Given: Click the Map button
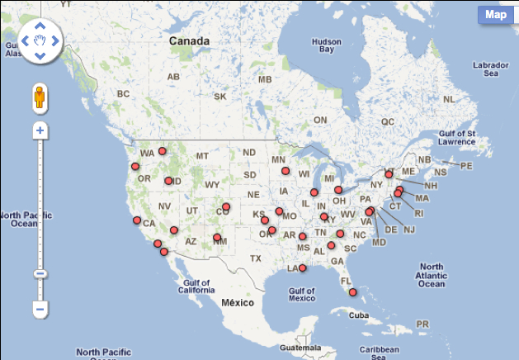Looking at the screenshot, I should pyautogui.click(x=495, y=14).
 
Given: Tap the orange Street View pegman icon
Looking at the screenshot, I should pyautogui.click(x=39, y=98).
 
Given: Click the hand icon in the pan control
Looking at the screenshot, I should pyautogui.click(x=39, y=40).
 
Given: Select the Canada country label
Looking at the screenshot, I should pyautogui.click(x=189, y=40).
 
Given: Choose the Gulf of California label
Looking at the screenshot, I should pyautogui.click(x=196, y=287).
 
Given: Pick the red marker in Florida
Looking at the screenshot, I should pyautogui.click(x=352, y=292).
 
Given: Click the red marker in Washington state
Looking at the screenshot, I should pyautogui.click(x=163, y=151).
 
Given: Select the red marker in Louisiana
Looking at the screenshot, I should pyautogui.click(x=303, y=268).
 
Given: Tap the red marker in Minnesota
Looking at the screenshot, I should pyautogui.click(x=285, y=171).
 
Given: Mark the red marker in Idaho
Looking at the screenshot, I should pyautogui.click(x=168, y=181).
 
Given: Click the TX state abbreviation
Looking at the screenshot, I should pyautogui.click(x=256, y=258).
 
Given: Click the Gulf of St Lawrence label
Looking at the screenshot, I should pyautogui.click(x=459, y=136).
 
